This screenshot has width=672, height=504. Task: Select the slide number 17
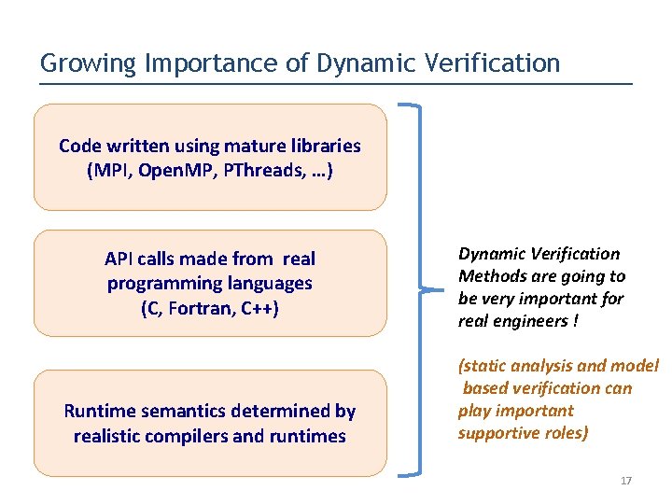point(626,481)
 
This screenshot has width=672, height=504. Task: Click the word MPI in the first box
point(106,171)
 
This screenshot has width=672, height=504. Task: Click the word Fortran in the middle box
point(203,308)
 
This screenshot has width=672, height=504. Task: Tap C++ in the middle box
point(259,308)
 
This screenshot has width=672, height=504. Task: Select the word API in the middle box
point(119,259)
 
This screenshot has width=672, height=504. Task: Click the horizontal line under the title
point(336,84)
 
